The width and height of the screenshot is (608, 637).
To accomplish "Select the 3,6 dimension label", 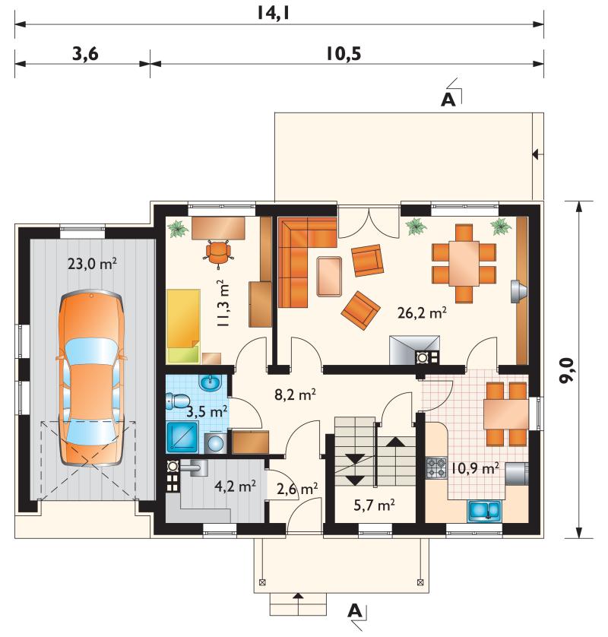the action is tap(85, 53).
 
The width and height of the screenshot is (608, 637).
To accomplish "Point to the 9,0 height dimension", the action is tap(565, 370).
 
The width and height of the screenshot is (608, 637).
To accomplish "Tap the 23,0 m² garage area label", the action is tap(92, 264).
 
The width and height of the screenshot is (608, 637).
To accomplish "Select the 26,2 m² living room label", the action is tap(422, 312).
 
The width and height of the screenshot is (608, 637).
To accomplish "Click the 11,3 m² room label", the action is tap(223, 303).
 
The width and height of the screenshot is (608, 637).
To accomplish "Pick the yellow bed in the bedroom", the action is tap(183, 325).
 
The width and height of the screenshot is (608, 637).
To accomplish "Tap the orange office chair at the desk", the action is tap(219, 252).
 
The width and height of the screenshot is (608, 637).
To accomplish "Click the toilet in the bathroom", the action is tap(177, 401).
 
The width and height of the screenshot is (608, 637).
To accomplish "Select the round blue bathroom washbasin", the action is tap(210, 382).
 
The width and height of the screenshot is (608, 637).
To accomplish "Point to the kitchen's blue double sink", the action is tap(485, 511).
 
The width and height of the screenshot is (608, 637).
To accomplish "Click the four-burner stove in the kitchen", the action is tap(435, 467).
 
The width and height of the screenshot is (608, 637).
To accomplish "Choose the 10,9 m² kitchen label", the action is tap(473, 469).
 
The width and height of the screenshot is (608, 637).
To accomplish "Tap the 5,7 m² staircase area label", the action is tap(374, 505).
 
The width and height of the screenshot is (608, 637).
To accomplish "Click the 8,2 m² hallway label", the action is tap(296, 395).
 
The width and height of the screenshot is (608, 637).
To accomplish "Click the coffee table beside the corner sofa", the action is tap(329, 276).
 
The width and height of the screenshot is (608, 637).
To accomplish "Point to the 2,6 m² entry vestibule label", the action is tap(297, 489).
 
